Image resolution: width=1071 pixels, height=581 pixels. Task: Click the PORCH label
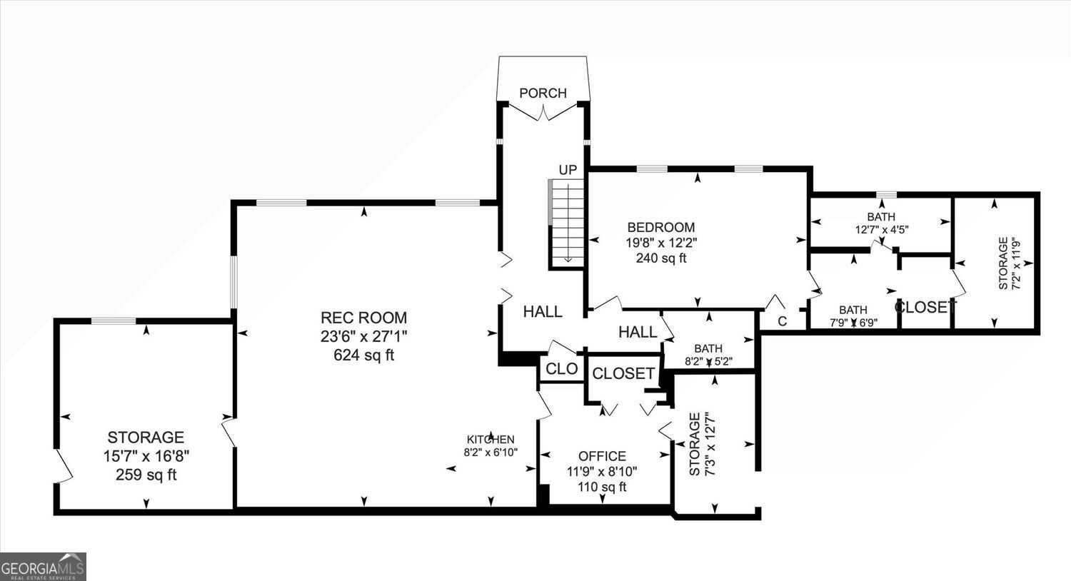click(x=543, y=93)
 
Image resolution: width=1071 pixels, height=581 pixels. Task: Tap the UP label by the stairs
click(x=568, y=170)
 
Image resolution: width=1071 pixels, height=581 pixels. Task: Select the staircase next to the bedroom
click(x=566, y=223)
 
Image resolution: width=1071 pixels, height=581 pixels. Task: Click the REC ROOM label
click(x=363, y=318)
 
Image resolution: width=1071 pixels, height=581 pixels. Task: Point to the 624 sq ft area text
click(x=364, y=355)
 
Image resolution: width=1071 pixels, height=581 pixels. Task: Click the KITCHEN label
click(x=491, y=440)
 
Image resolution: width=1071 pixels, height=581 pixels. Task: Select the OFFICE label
click(x=602, y=456)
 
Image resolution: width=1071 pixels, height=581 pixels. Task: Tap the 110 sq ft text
click(x=602, y=487)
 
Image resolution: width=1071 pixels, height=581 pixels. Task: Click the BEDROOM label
click(x=661, y=228)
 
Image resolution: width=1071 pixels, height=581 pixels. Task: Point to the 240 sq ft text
click(x=661, y=258)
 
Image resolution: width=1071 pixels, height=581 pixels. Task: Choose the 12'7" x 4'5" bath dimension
click(x=881, y=229)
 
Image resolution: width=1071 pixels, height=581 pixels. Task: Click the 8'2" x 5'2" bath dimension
click(x=708, y=362)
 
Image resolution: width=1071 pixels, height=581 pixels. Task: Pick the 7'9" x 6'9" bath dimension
click(x=853, y=322)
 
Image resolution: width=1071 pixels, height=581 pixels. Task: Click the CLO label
click(x=562, y=369)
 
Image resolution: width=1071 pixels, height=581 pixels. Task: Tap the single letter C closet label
click(x=783, y=322)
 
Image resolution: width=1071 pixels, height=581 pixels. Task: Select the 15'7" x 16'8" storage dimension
click(x=146, y=456)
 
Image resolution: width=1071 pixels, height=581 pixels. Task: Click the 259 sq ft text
click(x=146, y=475)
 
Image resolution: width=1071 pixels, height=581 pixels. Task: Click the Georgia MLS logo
click(x=43, y=567)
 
